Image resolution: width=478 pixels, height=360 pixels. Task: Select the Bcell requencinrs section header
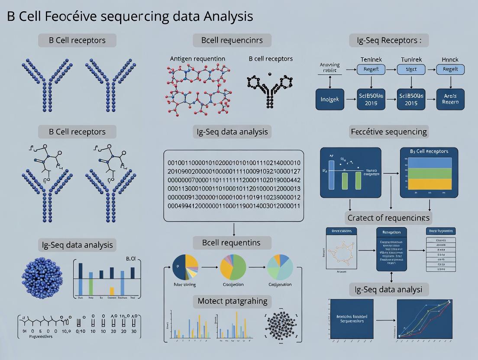(232, 41)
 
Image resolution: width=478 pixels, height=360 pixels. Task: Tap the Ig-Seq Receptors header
(389, 41)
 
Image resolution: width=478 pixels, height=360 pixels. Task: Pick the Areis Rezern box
(450, 99)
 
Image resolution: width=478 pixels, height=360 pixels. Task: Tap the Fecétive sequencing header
(389, 132)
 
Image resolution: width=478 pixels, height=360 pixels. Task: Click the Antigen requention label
(197, 58)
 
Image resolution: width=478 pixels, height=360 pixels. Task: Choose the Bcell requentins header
(232, 242)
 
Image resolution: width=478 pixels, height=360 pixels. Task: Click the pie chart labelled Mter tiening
(185, 267)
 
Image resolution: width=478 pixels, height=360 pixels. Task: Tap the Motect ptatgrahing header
(232, 301)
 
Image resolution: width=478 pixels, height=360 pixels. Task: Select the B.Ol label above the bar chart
(131, 259)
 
